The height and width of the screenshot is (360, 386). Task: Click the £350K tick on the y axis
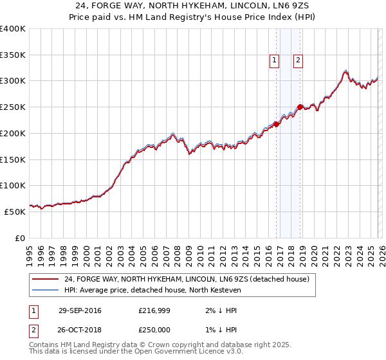pyautogui.click(x=13, y=55)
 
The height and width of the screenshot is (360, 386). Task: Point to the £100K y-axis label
pyautogui.click(x=13, y=185)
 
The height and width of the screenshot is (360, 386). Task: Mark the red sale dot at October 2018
pyautogui.click(x=300, y=107)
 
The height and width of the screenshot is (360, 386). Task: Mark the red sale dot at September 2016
pyautogui.click(x=276, y=123)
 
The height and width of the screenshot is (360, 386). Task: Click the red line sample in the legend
pyautogui.click(x=45, y=279)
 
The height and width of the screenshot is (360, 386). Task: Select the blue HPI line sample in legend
pyautogui.click(x=45, y=291)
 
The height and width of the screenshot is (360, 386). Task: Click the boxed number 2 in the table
pyautogui.click(x=32, y=330)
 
